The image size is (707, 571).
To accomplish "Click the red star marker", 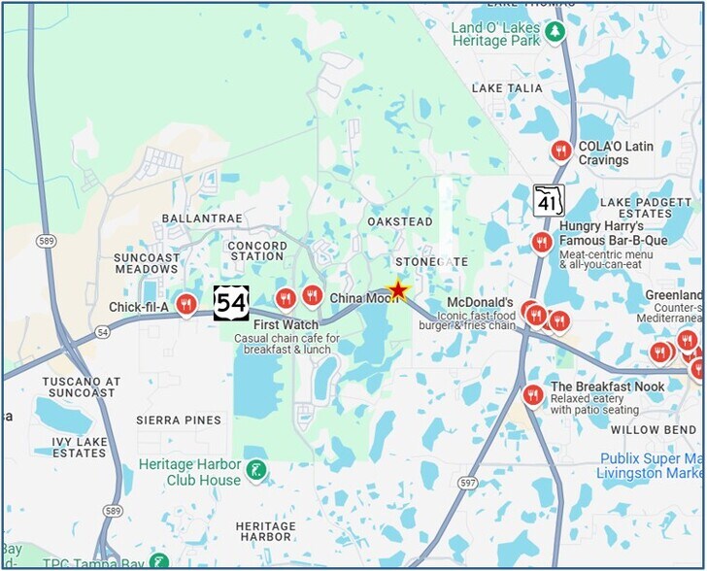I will (397, 289).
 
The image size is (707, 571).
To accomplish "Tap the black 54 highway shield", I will (231, 303).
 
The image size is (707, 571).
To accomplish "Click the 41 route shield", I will (549, 200).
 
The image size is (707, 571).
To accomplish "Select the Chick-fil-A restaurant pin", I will (185, 305).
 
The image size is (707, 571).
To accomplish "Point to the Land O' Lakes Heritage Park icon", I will (555, 32).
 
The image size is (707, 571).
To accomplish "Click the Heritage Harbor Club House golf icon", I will (256, 471).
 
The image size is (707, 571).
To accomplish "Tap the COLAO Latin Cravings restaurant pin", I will (560, 151).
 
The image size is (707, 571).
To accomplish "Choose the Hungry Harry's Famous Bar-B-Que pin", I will (542, 242).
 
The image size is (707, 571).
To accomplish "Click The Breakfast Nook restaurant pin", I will (532, 394).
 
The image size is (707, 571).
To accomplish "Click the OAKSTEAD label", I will (400, 222).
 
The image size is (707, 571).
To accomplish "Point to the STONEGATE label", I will (432, 262).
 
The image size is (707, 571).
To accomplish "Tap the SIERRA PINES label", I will (178, 420).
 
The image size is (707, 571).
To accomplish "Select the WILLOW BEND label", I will (653, 429).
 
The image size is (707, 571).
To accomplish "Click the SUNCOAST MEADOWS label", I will (147, 263).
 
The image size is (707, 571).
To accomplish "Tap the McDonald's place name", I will (480, 303).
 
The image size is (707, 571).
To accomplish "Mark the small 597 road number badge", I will (441, 483).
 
